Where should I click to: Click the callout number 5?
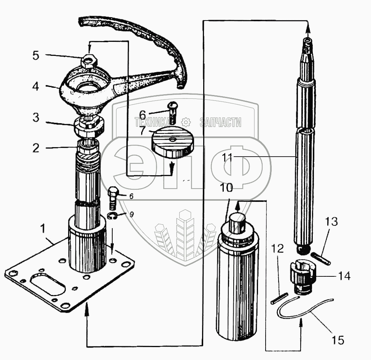(x=35, y=55)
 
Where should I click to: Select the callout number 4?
(x=35, y=87)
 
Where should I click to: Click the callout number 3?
(x=35, y=117)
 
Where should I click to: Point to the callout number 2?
(x=35, y=148)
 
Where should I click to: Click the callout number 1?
(x=43, y=229)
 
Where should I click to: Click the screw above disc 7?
(x=172, y=113)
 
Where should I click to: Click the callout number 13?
(x=331, y=222)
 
